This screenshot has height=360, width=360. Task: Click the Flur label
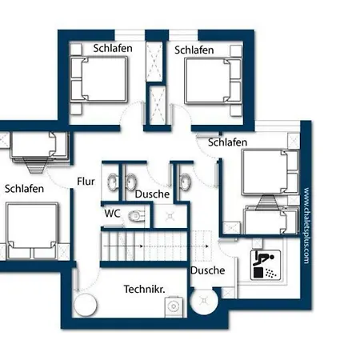click(86, 182)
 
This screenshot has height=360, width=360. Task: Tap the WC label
click(112, 214)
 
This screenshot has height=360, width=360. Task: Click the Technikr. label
click(144, 289)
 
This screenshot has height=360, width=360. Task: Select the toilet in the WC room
click(137, 216)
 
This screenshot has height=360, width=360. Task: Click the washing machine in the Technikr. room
click(174, 306)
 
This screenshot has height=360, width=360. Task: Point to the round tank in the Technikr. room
click(85, 306)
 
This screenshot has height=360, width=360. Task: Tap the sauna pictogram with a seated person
click(266, 265)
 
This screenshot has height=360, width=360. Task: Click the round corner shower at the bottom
click(204, 301)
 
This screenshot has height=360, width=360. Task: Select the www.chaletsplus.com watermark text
click(306, 226)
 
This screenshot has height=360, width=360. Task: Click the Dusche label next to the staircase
click(208, 270)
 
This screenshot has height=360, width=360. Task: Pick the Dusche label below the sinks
click(152, 194)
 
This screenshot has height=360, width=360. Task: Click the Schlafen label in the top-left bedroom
click(113, 48)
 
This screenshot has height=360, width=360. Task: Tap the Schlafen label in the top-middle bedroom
click(194, 50)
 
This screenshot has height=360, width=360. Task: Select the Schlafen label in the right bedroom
click(227, 142)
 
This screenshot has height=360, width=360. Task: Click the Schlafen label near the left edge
click(24, 189)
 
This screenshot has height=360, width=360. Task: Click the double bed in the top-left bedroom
click(98, 79)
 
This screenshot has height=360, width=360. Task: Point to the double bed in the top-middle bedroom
click(213, 81)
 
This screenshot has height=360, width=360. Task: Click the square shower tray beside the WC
click(170, 216)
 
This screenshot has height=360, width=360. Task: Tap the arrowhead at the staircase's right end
click(206, 246)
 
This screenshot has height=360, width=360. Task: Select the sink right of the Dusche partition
click(185, 182)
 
